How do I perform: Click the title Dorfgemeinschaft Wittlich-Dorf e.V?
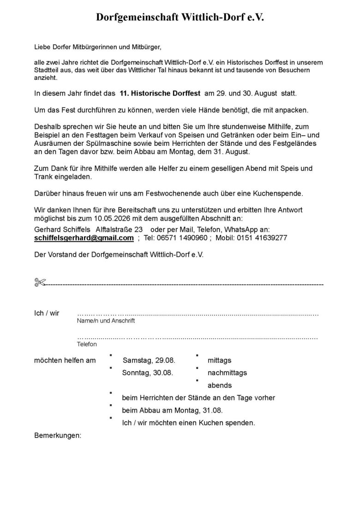[180, 18]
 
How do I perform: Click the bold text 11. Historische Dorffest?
[160, 94]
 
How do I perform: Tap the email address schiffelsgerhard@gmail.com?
[84, 238]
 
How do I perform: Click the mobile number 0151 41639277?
[261, 238]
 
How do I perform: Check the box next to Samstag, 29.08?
[111, 356]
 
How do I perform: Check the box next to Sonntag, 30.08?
[111, 368]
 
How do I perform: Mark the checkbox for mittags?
[197, 356]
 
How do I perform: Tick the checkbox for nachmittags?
[197, 368]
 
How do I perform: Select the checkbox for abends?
[197, 381]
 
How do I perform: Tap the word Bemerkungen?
[58, 435]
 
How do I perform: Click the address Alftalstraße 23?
[119, 229]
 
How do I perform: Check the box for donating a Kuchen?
[111, 418]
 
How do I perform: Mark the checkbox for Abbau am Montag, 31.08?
[111, 406]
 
